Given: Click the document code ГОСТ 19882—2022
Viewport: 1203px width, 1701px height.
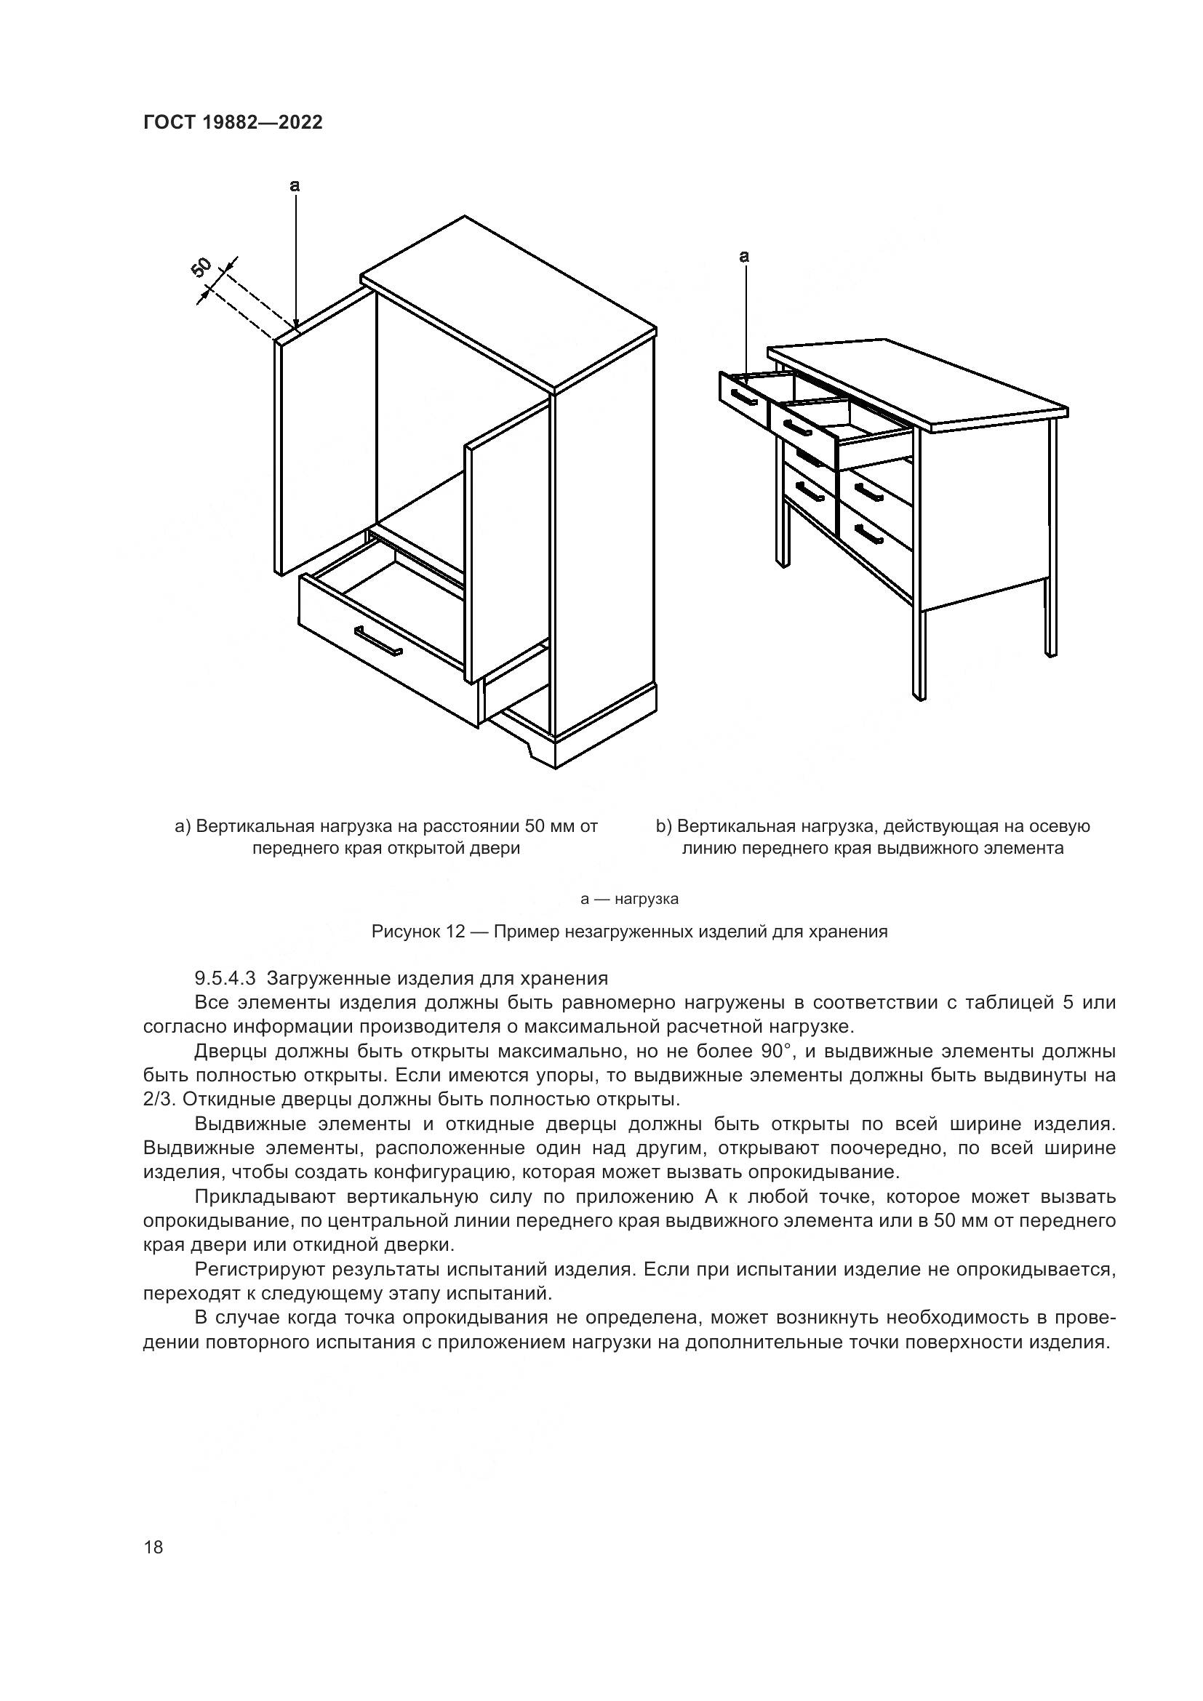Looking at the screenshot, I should pos(233,123).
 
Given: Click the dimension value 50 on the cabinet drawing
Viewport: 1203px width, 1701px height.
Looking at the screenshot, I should pos(202,268).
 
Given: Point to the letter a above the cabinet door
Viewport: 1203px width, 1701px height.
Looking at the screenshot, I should pos(295,186).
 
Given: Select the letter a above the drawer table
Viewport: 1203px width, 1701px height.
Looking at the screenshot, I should pos(745,257).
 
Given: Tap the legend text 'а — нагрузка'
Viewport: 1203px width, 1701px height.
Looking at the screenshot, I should pos(629,899).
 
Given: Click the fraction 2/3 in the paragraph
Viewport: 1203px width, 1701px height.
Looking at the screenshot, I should pos(156,1099).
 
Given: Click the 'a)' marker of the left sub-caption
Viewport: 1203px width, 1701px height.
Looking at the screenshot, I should pos(183,826).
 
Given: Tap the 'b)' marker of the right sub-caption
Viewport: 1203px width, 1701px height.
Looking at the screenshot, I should pos(663,826).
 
